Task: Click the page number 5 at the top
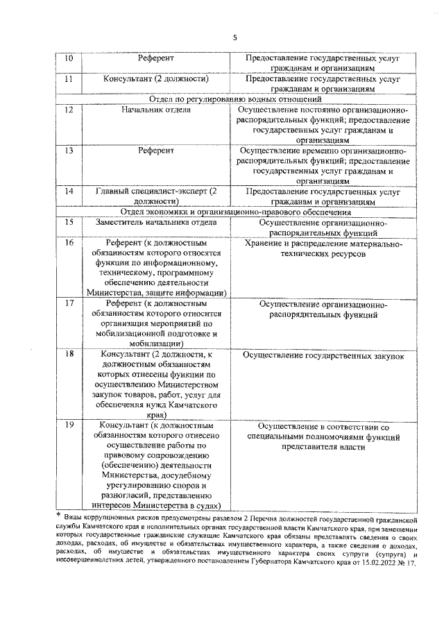coord(235,38)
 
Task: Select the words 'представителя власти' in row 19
coord(323,448)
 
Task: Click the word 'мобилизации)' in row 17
coord(155,343)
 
